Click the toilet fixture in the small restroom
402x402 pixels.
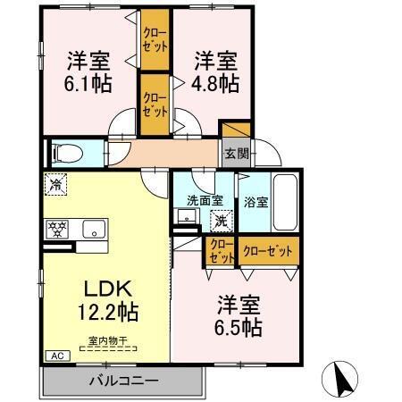coord(68,153)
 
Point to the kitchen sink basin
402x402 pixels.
coord(93,230)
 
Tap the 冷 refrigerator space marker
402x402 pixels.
coord(55,186)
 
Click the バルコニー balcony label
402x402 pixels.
coord(123,381)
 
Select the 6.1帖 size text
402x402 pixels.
coord(88,84)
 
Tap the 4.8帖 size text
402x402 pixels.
coord(217,84)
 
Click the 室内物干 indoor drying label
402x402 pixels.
coord(106,339)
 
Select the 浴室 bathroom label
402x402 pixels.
coord(255,202)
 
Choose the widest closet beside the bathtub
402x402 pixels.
coord(268,252)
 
